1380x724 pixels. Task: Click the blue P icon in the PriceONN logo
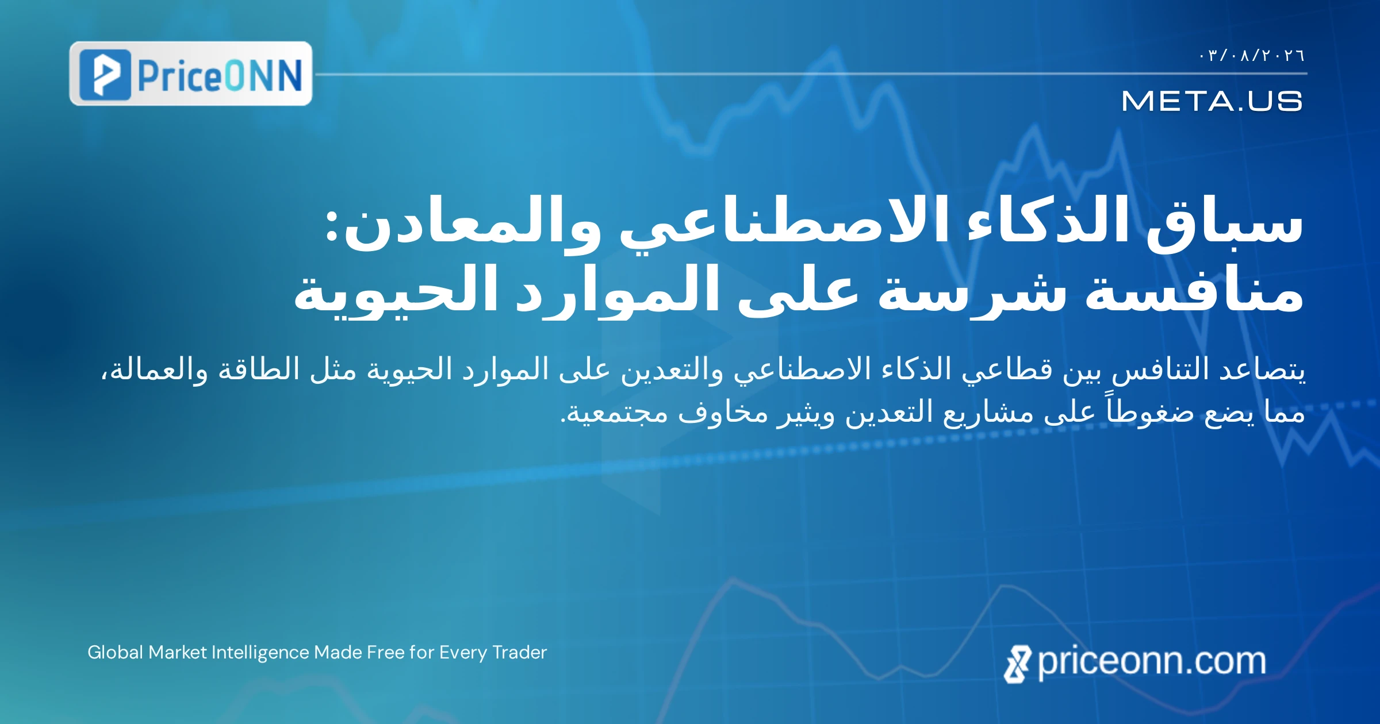(105, 75)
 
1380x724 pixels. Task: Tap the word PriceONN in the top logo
(220, 75)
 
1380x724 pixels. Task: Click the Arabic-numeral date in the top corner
(1252, 55)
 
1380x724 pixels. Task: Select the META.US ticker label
(1212, 101)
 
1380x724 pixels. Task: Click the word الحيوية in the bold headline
(396, 290)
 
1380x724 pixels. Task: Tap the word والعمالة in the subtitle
(155, 369)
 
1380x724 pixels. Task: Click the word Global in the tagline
(115, 652)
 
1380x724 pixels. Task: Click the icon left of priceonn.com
(1018, 664)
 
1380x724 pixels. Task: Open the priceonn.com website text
(1152, 661)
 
